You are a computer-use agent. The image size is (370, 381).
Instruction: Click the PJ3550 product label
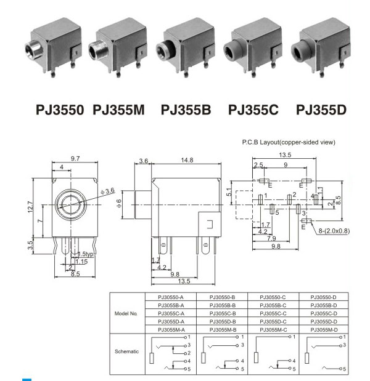tap(59, 110)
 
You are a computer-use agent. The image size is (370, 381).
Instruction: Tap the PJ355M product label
tap(118, 110)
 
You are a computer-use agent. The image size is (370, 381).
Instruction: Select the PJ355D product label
tap(321, 110)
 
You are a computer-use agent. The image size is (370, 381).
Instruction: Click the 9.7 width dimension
tap(75, 159)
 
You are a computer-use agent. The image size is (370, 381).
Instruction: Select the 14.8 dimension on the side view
tap(187, 160)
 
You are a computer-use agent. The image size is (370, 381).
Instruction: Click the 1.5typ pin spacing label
tap(84, 254)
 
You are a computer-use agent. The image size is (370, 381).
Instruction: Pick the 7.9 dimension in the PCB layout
tap(271, 238)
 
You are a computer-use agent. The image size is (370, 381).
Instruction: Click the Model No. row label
tap(126, 313)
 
